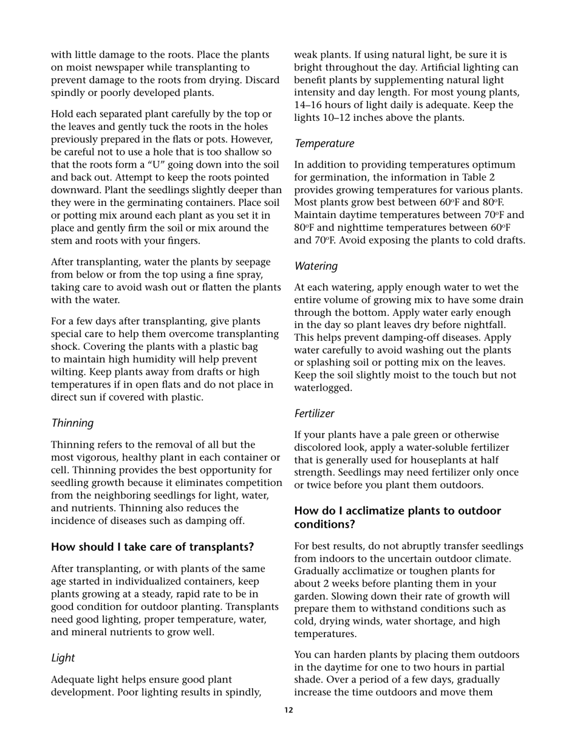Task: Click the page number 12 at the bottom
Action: tap(288, 710)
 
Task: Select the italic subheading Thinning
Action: tap(72, 423)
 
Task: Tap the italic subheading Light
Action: tap(63, 657)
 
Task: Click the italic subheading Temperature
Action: tap(324, 143)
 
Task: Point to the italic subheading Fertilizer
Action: tap(314, 413)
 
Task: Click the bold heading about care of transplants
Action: tap(152, 547)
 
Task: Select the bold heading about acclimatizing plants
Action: tap(397, 517)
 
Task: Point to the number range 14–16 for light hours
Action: tap(311, 105)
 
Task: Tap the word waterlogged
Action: tap(323, 387)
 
